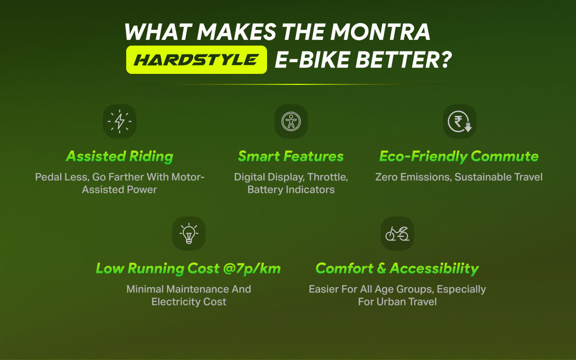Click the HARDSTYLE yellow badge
point(196,60)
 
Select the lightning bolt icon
point(119,121)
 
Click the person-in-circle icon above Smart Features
point(291,121)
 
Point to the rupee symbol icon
point(459,121)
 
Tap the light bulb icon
point(189,233)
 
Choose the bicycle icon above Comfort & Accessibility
point(397,233)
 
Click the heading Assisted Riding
point(119,156)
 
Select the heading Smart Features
point(291,156)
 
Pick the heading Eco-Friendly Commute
point(459,156)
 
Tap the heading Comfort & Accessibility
point(397,269)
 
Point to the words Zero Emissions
point(412,177)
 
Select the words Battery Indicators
point(291,190)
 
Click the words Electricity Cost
point(189,302)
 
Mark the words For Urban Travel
point(397,302)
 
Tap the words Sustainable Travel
point(499,177)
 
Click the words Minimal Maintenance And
point(189,289)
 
